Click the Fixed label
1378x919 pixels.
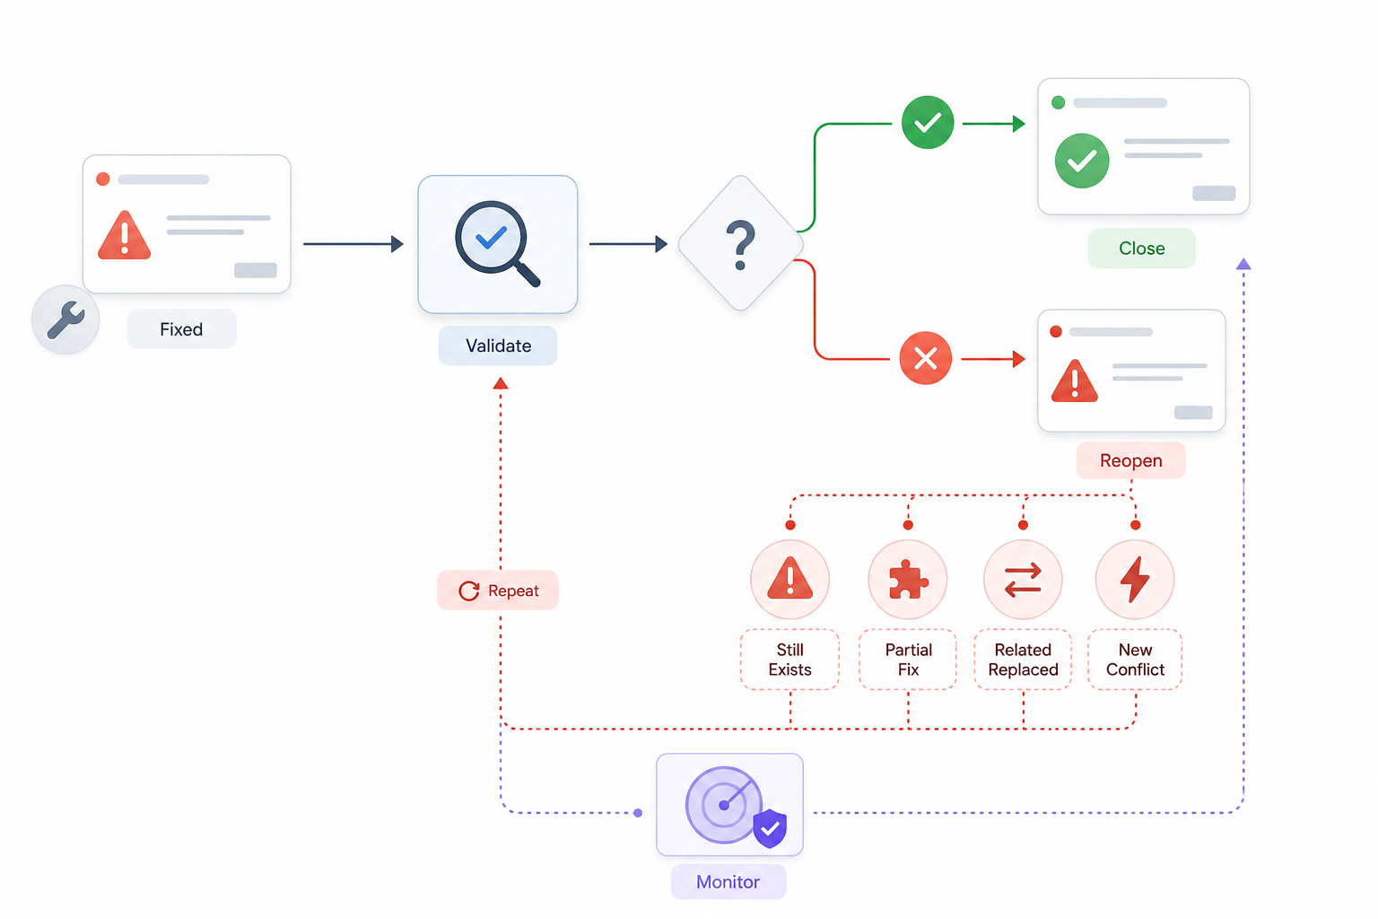point(181,329)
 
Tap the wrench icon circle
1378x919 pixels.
point(65,319)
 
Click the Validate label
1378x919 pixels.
point(498,346)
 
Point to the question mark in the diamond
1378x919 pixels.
point(741,245)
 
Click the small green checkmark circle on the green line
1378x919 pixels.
point(928,122)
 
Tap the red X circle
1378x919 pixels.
point(925,358)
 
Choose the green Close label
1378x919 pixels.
point(1142,248)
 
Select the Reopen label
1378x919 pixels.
point(1130,460)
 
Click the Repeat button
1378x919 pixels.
point(498,591)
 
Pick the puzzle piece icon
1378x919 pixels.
point(908,579)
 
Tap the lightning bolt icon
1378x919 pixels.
point(1135,579)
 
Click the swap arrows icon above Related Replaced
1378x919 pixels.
point(1023,580)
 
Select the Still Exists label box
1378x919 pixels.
point(789,660)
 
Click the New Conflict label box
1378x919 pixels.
point(1135,660)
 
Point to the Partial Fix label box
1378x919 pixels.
point(908,660)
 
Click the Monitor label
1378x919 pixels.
point(728,881)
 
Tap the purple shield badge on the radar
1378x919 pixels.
point(771,828)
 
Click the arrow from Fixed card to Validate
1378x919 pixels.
point(353,244)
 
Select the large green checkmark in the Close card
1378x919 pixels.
point(1082,161)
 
